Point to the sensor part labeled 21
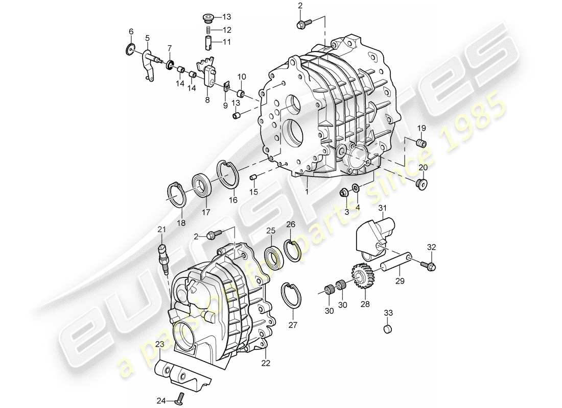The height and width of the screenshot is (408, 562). (163, 258)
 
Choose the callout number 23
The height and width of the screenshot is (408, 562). (160, 344)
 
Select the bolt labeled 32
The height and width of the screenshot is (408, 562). (428, 265)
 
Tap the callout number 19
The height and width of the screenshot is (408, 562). (422, 127)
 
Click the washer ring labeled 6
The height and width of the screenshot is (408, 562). (131, 50)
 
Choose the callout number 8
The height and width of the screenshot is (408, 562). (207, 100)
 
